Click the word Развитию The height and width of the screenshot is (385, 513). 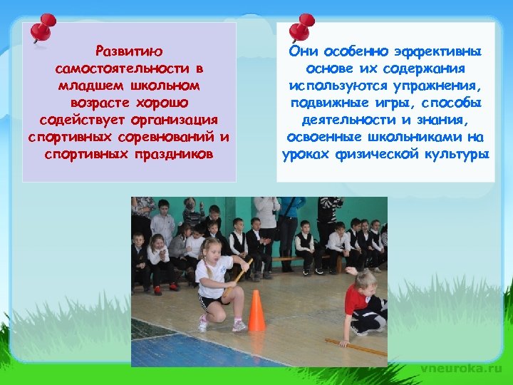[129, 52]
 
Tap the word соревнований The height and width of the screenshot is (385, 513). [168, 135]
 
